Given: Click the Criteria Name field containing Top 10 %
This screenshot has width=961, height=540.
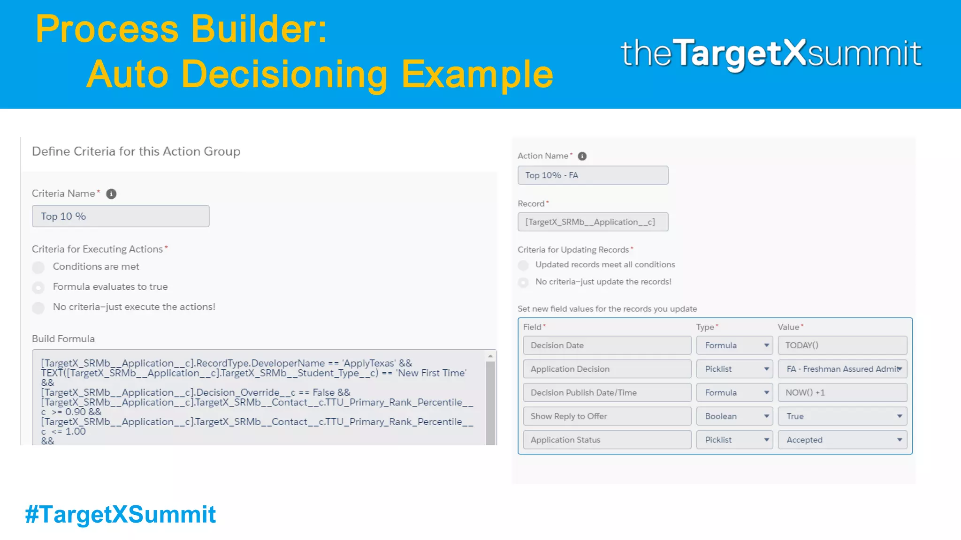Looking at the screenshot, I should (x=120, y=216).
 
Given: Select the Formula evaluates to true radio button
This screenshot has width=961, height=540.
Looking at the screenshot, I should (x=38, y=287).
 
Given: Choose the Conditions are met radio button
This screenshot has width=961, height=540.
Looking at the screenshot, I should (x=38, y=267).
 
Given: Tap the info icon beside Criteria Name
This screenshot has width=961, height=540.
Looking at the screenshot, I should (x=111, y=194).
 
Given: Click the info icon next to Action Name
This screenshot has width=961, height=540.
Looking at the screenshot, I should (x=582, y=156).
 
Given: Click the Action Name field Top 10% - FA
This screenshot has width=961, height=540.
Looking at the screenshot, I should (x=593, y=175).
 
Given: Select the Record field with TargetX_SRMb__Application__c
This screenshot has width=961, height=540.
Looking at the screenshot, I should (x=593, y=222).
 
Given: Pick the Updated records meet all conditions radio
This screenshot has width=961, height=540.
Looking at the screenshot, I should (x=523, y=265).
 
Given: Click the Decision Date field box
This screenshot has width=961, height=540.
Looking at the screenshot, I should (x=607, y=345).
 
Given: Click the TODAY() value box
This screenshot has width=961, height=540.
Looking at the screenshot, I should (x=842, y=345).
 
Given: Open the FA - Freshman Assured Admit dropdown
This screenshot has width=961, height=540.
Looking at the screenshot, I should (x=842, y=369).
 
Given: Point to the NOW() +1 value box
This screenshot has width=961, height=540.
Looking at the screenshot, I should (x=842, y=393).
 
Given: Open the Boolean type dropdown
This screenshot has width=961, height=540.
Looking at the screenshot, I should (x=734, y=416).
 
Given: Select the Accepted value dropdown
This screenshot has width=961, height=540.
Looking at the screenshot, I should (x=842, y=440).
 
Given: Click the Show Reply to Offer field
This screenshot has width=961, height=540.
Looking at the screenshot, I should (x=607, y=416).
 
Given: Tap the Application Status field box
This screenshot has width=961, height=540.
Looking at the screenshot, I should (x=607, y=440).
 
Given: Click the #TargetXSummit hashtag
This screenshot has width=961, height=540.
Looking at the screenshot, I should (x=120, y=514).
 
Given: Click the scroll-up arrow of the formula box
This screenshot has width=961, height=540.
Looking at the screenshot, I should (x=490, y=356).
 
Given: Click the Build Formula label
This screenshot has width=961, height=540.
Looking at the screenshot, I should (x=63, y=339).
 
